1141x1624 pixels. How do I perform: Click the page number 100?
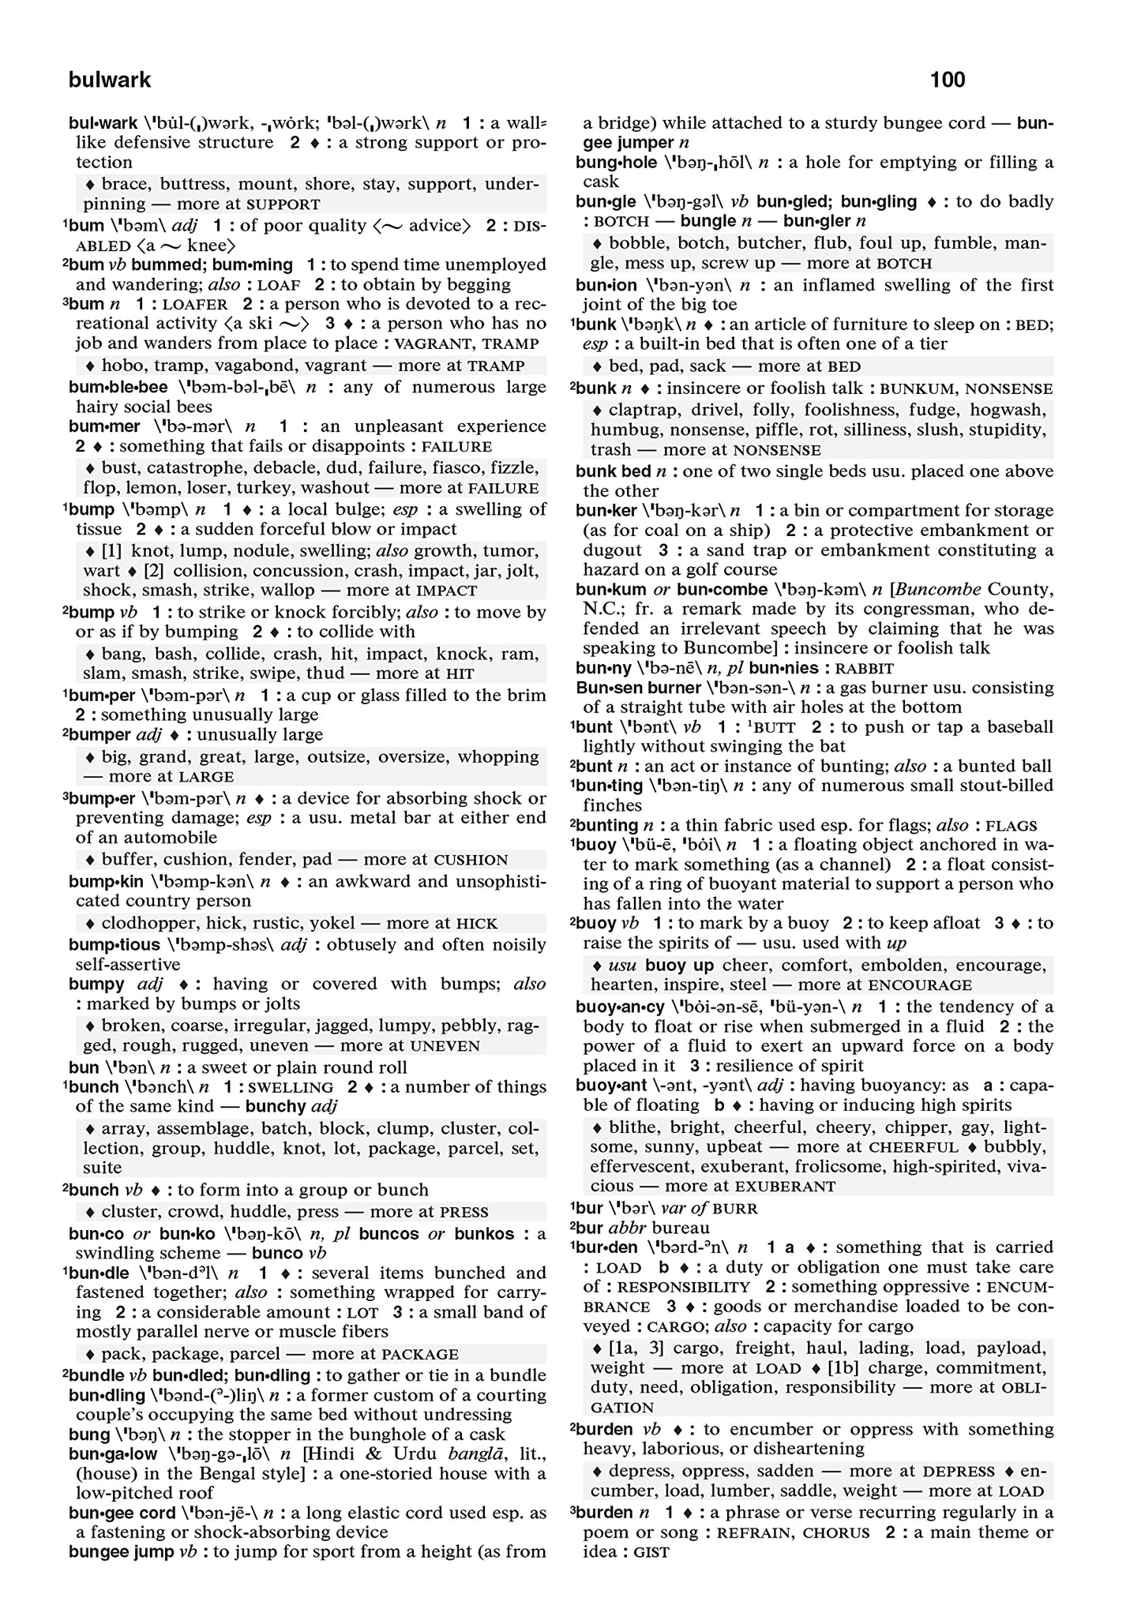pyautogui.click(x=947, y=80)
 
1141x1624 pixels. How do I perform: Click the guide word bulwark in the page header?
pyautogui.click(x=110, y=80)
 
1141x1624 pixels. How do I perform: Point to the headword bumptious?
pyautogui.click(x=114, y=944)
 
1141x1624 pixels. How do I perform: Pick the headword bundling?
pyautogui.click(x=107, y=1395)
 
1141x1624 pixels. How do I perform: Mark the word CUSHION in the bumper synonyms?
pyautogui.click(x=471, y=860)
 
